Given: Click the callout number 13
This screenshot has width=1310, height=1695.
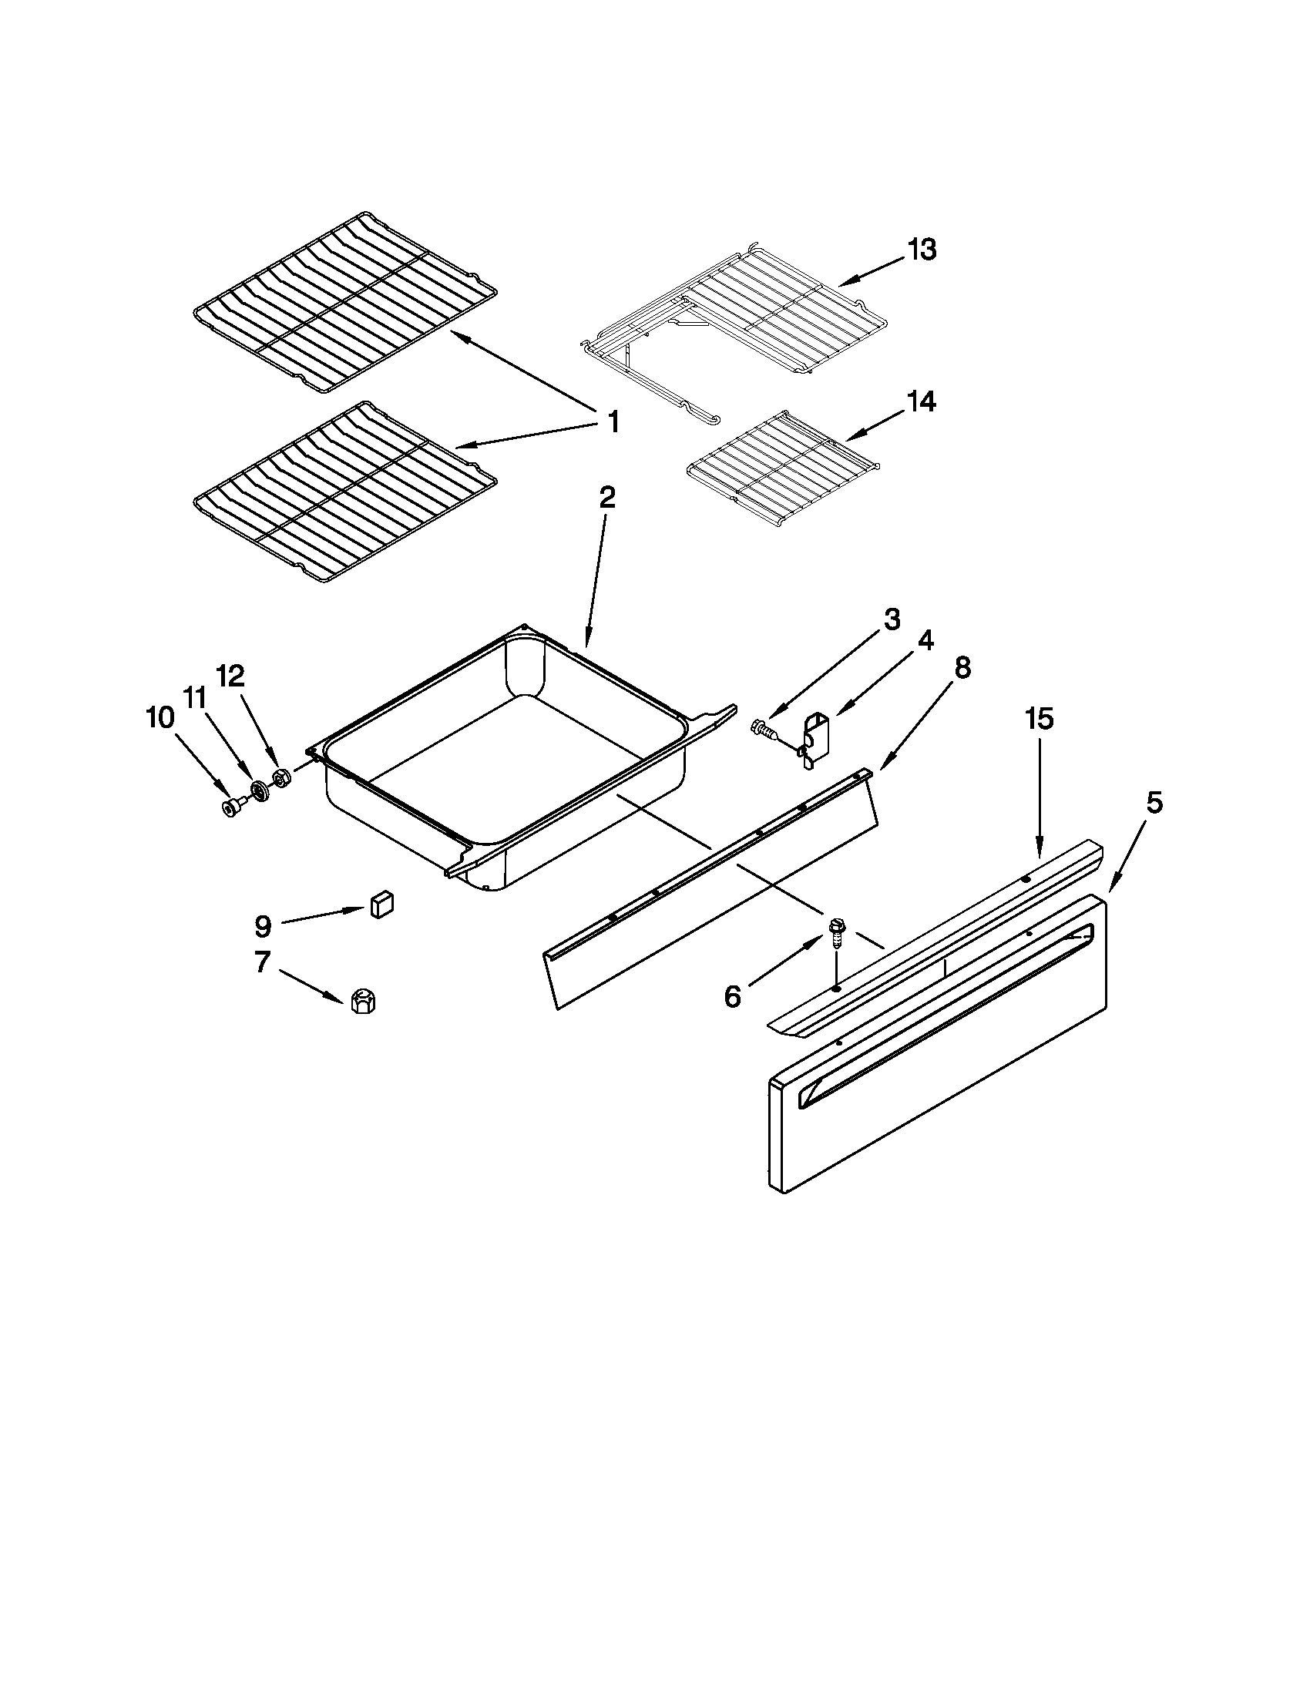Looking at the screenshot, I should pos(922,250).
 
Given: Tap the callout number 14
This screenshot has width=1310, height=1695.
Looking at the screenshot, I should pos(921,402).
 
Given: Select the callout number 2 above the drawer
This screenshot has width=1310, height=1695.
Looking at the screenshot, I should pos(608,498).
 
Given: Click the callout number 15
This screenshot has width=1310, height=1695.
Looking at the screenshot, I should pos(1040,720).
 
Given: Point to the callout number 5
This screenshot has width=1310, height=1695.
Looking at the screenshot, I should pos(1155,804).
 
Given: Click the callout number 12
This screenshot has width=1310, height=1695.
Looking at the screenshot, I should pos(230,676).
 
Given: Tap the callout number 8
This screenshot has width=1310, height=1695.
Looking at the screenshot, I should pos(962,667).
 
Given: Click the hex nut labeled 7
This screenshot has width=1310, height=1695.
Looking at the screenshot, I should pos(361,1002).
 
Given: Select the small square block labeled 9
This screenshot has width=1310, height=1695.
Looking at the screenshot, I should pos(381,905).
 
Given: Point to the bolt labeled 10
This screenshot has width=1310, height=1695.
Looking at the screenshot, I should pos(231,808).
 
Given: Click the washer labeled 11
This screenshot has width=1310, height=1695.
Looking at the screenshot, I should pos(258,792).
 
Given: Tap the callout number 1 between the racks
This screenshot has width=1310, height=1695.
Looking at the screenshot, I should pos(613,423).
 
